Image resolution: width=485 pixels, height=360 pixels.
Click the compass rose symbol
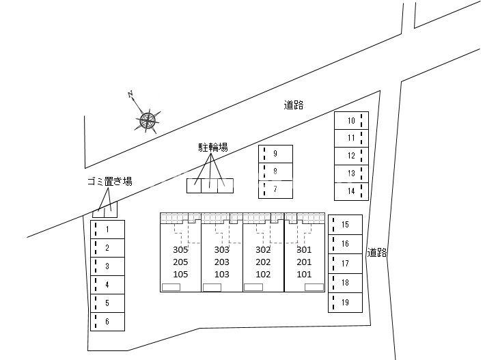(x=148, y=120)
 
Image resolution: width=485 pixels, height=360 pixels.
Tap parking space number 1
(x=107, y=230)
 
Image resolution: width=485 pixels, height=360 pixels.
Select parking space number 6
(x=107, y=322)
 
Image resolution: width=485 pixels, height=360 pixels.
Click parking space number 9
(x=275, y=154)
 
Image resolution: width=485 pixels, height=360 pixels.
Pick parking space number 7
(x=275, y=189)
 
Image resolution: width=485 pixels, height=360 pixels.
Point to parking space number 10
(x=351, y=121)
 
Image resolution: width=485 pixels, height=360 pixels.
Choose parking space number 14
(x=351, y=191)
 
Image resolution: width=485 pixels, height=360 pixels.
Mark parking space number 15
(x=345, y=225)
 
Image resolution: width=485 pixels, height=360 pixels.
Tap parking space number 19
(x=345, y=303)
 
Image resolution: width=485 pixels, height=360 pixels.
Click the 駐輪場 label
(x=213, y=148)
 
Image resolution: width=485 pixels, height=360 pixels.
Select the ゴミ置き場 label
(x=110, y=181)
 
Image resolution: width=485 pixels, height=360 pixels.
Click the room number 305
(x=180, y=249)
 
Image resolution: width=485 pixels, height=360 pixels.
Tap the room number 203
(x=222, y=262)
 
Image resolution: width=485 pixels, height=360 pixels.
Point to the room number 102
(x=263, y=275)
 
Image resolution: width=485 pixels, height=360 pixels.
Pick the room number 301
(x=304, y=249)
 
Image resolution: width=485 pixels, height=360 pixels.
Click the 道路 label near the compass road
(x=294, y=105)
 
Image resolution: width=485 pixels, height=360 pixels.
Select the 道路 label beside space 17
(x=377, y=253)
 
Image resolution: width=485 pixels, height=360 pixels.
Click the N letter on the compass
(x=130, y=94)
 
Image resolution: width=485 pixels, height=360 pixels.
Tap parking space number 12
(x=351, y=156)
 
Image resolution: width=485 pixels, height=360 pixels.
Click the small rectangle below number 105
(x=171, y=288)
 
